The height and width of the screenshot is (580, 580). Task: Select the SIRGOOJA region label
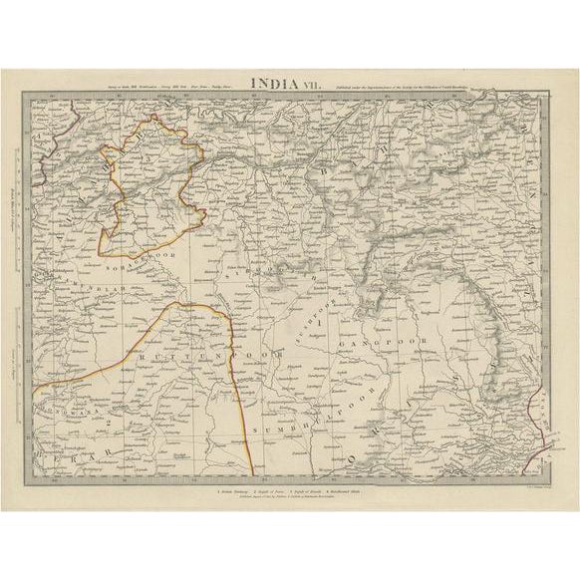tap(269, 279)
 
